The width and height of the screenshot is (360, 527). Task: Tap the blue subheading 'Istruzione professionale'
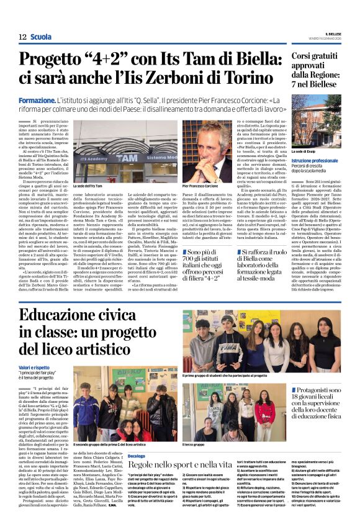[x=315, y=161]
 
